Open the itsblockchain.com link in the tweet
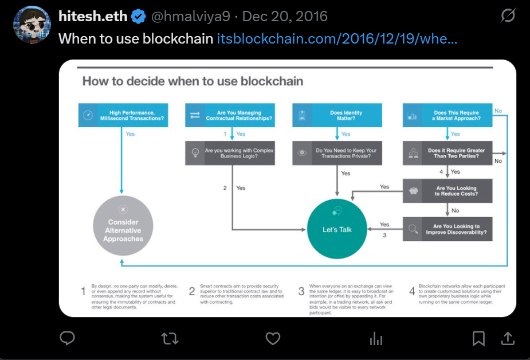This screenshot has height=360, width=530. point(337,39)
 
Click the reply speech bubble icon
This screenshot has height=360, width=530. point(68,339)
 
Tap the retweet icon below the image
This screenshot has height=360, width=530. point(170,339)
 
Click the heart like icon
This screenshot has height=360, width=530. point(273,339)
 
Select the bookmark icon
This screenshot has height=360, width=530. point(478,339)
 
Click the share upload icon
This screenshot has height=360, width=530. point(508,339)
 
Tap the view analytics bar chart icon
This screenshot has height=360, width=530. point(376,339)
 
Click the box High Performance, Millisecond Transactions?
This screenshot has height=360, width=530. point(123,115)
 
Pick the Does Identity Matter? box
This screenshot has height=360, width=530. point(337,115)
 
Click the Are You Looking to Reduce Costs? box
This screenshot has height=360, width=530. point(447,191)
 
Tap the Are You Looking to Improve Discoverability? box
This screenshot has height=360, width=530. point(447,229)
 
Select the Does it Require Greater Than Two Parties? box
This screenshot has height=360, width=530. point(447,153)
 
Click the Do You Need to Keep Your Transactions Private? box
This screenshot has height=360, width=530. point(337,153)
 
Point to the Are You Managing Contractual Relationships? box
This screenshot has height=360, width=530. point(230,115)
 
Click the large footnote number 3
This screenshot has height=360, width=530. point(301,292)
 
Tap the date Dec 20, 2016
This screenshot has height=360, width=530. point(285,17)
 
